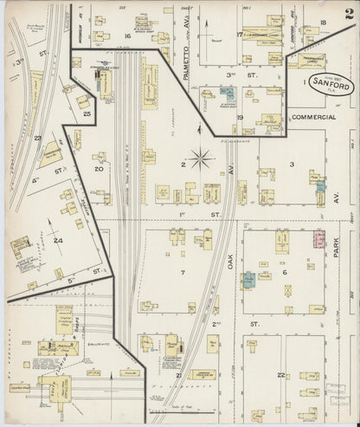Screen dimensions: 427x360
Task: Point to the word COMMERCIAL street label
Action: point(313,116)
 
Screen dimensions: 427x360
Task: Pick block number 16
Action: point(126,36)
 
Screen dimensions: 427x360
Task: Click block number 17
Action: point(239,35)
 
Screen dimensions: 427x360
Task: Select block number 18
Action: point(322,23)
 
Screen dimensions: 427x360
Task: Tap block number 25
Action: point(87,113)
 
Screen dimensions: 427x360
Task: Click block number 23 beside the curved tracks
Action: point(37,138)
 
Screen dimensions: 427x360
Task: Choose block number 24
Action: point(58,240)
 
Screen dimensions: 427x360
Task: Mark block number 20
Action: point(99,170)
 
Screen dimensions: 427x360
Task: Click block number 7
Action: point(183,273)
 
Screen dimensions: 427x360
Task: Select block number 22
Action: point(281,374)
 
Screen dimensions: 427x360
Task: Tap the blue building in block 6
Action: point(248,280)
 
